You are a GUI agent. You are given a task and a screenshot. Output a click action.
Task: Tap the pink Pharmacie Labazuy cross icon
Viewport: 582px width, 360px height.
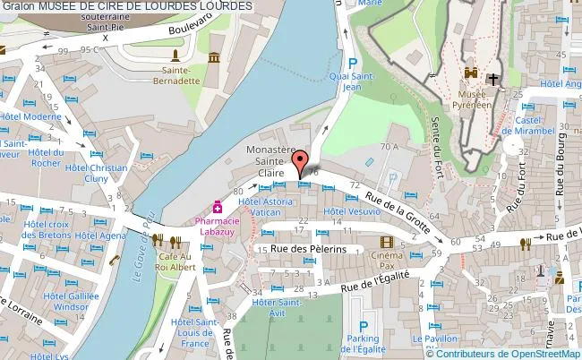pyautogui.click(x=218, y=206)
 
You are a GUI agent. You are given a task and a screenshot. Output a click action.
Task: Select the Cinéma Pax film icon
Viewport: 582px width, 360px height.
pyautogui.click(x=386, y=242)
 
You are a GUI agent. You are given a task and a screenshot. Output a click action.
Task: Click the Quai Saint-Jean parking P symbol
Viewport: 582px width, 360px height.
pyautogui.click(x=353, y=64)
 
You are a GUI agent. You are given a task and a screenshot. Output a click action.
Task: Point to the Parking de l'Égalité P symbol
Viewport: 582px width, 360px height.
pyautogui.click(x=364, y=327)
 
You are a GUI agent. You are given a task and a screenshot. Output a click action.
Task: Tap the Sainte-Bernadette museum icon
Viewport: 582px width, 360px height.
pyautogui.click(x=214, y=58)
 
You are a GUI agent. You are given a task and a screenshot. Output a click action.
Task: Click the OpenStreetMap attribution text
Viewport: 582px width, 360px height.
pyautogui.click(x=504, y=353)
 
